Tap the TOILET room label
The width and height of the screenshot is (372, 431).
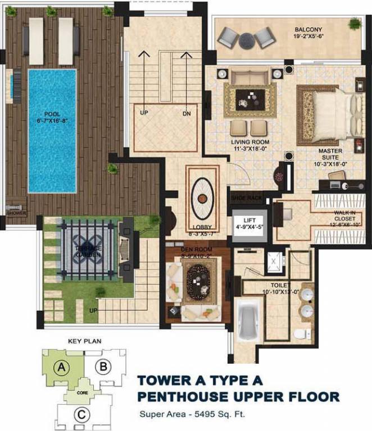274,292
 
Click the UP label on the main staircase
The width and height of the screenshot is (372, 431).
144,113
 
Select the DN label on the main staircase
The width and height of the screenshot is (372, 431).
186,113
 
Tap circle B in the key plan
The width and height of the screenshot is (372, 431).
102,368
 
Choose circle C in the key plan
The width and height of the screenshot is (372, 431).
82,415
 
